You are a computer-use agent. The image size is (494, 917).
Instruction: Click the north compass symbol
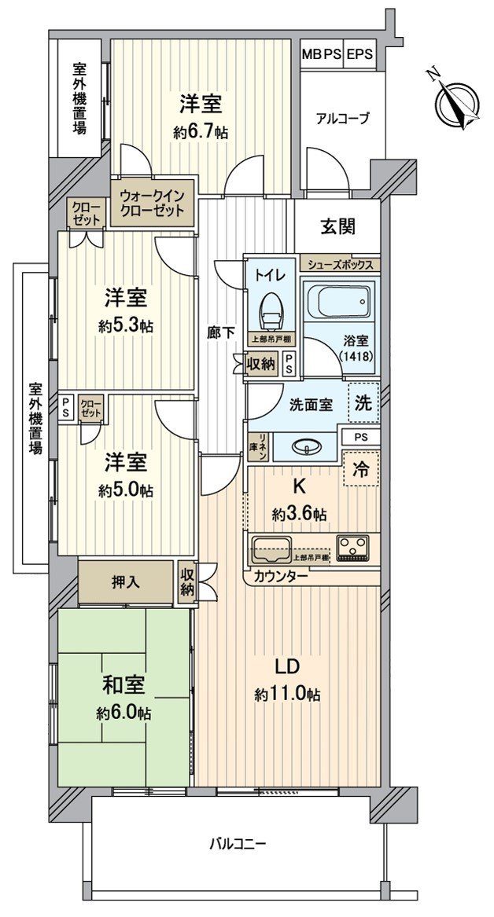454,99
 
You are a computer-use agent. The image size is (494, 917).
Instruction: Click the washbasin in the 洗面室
306,447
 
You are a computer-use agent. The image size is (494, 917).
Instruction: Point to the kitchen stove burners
353,548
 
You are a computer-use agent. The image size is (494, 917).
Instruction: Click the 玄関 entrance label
337,227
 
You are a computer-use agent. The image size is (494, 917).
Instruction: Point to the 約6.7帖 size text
201,133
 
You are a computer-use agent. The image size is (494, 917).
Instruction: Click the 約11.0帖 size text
287,695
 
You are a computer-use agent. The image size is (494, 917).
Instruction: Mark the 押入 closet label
126,582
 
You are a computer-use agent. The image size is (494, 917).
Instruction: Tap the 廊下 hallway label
220,332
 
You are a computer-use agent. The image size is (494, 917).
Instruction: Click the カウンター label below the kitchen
280,576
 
